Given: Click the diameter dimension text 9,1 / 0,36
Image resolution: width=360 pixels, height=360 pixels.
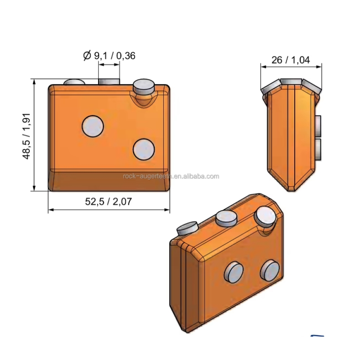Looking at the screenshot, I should [114, 55].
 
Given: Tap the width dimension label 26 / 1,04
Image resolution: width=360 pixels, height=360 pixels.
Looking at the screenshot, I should [291, 60].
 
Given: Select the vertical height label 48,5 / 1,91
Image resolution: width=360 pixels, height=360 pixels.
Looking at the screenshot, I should [27, 135].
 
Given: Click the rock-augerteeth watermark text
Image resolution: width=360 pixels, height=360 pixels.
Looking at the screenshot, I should [171, 176].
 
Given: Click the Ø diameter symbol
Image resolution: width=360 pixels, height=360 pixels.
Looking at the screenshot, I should [87, 55].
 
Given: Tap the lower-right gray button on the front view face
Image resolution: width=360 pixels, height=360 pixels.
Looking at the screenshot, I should [144, 148].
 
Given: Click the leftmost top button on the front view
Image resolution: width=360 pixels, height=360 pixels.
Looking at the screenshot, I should [74, 82].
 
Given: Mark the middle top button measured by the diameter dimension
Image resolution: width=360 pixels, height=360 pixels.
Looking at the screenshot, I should [109, 81].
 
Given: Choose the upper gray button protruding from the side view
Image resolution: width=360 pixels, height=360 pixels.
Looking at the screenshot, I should [319, 126].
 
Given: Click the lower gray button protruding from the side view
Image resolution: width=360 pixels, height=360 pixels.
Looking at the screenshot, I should [319, 149].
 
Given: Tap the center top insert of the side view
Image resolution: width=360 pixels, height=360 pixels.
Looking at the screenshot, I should [291, 81].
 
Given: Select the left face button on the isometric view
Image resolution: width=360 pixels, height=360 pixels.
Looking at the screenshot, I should [234, 272].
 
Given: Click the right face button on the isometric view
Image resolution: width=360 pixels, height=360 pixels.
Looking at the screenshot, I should [270, 270].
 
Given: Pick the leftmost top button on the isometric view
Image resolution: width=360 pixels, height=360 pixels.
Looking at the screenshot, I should [188, 228].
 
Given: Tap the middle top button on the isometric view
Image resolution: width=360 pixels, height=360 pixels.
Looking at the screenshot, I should [226, 218].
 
